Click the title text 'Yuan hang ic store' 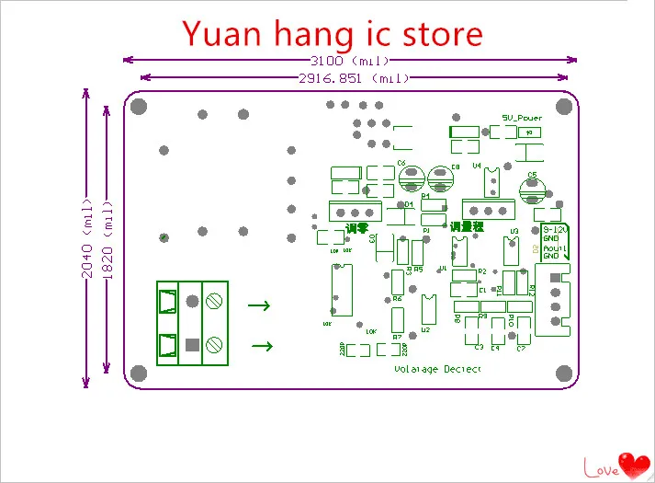coord(332,33)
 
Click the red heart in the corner coord(632,463)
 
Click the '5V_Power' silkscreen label coord(521,118)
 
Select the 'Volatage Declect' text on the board coord(437,369)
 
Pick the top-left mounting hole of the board coord(140,107)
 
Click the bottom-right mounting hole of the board coord(562,373)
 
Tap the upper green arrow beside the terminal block coord(261,305)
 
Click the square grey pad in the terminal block coord(192,345)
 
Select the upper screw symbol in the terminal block coord(214,301)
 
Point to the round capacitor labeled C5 coord(532,190)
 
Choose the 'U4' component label coord(477,166)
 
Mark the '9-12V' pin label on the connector coord(555,227)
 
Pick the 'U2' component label coord(425,328)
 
